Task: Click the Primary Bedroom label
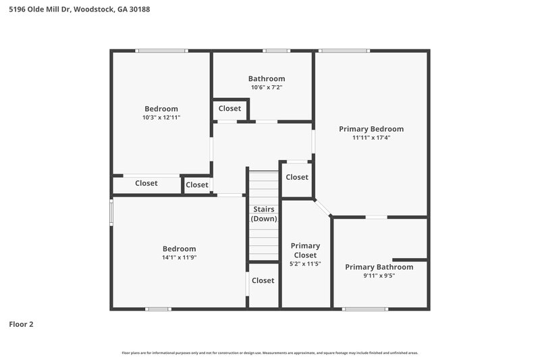371,129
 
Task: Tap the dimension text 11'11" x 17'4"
371,138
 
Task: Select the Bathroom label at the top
267,78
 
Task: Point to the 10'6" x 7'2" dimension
267,87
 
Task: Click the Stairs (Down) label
263,214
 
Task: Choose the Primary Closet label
305,250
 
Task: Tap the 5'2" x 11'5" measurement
305,264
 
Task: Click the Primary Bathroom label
379,267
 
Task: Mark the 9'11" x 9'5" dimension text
379,276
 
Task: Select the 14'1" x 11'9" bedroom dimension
179,257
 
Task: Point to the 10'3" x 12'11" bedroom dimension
161,118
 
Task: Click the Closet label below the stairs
263,280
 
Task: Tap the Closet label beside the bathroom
230,109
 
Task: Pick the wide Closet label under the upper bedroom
146,183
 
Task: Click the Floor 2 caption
21,324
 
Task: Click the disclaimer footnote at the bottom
269,353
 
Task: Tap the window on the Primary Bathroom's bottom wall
365,309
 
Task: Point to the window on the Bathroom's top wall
276,51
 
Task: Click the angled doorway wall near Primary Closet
323,208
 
